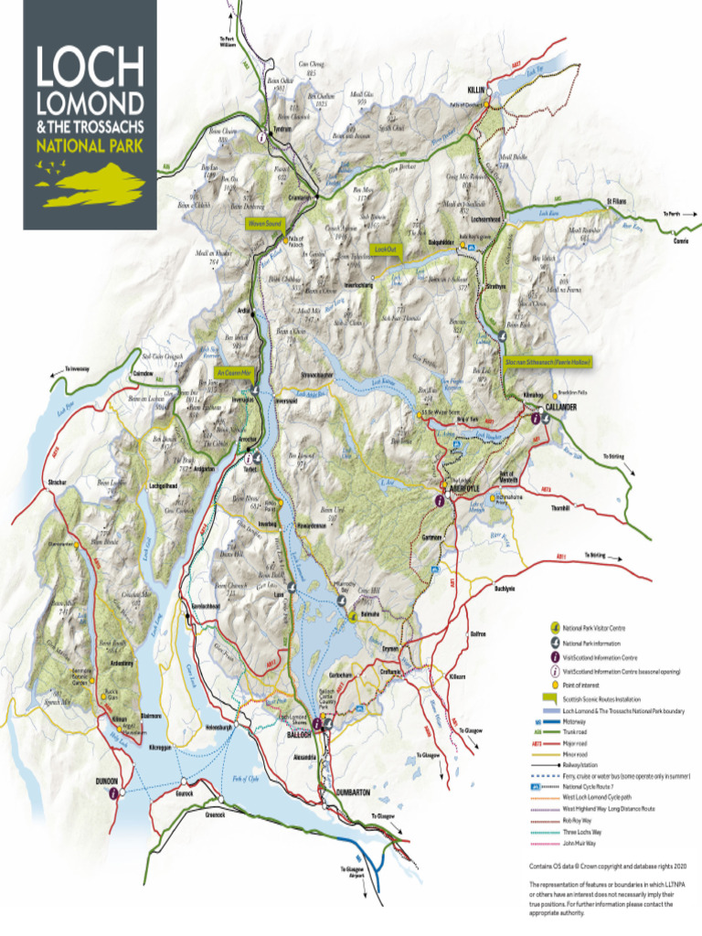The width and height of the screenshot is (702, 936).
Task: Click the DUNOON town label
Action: click(x=107, y=782)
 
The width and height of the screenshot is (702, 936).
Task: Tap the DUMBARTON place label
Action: click(x=352, y=792)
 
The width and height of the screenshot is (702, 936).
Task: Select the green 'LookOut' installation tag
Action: click(x=384, y=249)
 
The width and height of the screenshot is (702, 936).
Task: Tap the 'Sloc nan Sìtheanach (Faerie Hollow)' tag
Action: click(x=548, y=362)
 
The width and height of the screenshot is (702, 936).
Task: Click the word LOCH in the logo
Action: click(x=90, y=67)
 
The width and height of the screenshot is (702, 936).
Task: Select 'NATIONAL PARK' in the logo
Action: click(x=90, y=144)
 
